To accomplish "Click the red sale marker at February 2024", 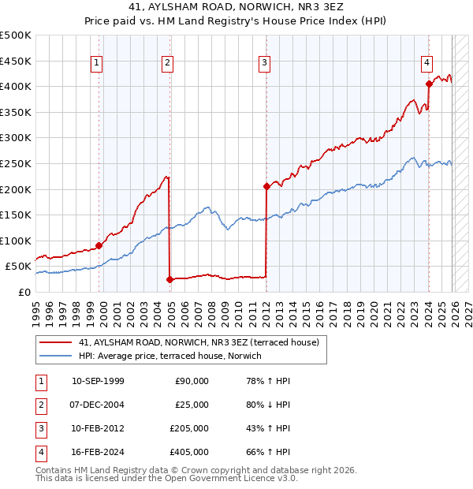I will (429, 84).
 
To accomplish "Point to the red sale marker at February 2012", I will (266, 186).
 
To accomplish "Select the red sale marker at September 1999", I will (99, 245).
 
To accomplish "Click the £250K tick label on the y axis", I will (16, 163).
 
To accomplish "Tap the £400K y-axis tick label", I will (16, 86).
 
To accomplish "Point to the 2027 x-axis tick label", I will (467, 308).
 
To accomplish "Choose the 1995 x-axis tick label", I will (36, 308).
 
